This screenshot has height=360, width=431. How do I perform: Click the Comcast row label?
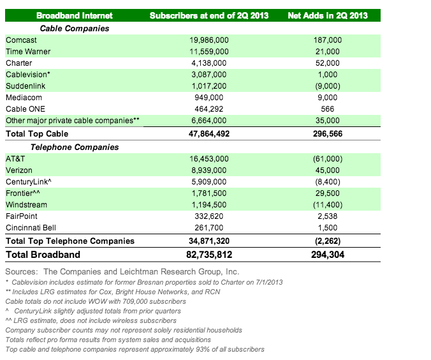click(x=21, y=40)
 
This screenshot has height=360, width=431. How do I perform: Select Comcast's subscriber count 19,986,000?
click(x=209, y=40)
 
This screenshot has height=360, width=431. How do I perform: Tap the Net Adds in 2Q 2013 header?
click(x=328, y=15)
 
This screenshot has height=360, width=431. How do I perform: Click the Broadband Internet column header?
click(x=75, y=15)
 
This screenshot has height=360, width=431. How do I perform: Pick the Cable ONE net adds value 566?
click(x=327, y=109)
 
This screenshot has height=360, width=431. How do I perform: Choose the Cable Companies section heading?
click(x=75, y=28)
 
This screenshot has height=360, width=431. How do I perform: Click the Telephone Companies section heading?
click(x=75, y=147)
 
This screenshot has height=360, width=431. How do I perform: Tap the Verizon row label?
click(x=19, y=170)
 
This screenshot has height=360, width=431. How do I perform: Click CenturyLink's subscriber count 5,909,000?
click(x=209, y=182)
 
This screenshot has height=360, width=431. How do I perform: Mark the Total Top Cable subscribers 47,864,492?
click(x=209, y=134)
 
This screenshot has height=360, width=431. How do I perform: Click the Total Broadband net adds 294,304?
click(x=328, y=255)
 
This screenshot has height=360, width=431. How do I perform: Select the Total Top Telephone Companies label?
click(x=70, y=241)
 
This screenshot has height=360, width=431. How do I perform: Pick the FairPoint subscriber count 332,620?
click(x=209, y=216)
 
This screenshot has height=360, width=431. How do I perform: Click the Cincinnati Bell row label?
click(x=31, y=228)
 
